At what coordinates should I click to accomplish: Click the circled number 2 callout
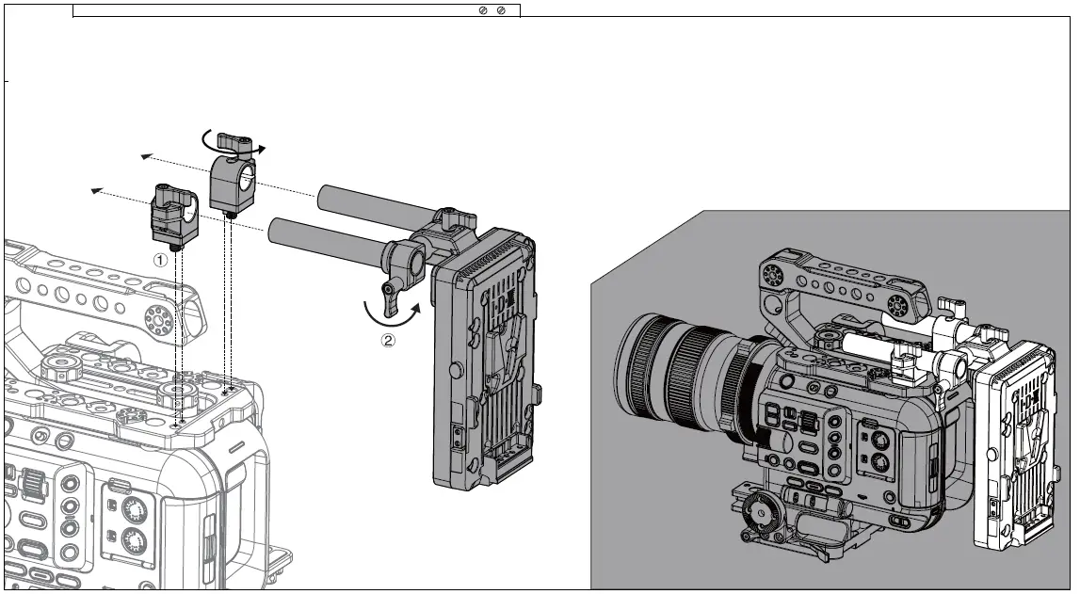coord(388,342)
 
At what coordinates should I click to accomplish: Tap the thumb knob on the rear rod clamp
coord(236,144)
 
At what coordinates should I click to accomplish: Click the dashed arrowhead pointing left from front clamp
coord(95,191)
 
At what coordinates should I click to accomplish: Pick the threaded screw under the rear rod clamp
coord(231,215)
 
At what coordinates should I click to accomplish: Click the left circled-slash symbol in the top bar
coord(484,10)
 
